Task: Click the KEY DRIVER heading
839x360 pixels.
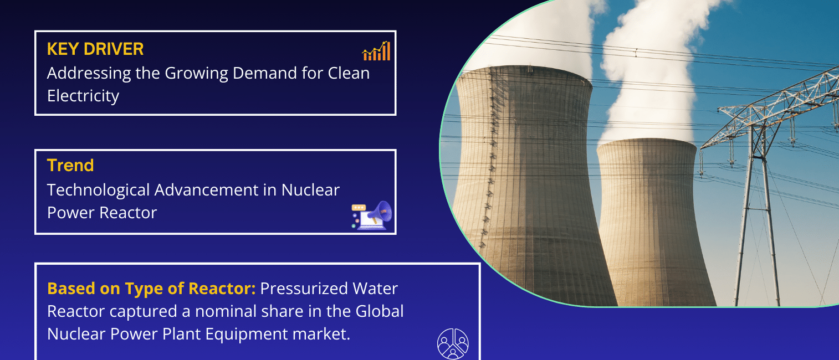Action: click(95, 49)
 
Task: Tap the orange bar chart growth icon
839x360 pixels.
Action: click(376, 51)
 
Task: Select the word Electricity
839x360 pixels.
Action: click(83, 96)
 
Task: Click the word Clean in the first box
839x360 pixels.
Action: click(349, 73)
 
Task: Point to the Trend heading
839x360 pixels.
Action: click(70, 166)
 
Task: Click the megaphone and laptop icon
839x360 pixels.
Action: click(371, 215)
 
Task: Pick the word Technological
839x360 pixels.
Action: click(98, 190)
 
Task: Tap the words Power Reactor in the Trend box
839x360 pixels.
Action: click(102, 213)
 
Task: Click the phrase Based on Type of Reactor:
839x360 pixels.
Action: click(151, 289)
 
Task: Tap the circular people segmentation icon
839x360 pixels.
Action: click(453, 343)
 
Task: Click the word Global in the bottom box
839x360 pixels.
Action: click(380, 311)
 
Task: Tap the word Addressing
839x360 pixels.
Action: click(89, 73)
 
